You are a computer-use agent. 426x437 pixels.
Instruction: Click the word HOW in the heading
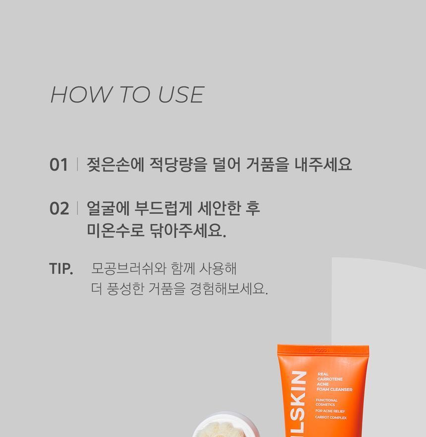[80, 94]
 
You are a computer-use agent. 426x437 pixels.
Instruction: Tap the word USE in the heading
[181, 94]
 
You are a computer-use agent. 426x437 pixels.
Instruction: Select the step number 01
[59, 164]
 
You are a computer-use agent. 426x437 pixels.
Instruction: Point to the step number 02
[59, 208]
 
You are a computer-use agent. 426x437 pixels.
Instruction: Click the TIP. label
[61, 269]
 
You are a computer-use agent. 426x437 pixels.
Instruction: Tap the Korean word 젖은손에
[115, 164]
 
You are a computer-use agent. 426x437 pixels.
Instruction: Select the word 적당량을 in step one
[178, 164]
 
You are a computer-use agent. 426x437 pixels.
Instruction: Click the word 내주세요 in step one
[323, 164]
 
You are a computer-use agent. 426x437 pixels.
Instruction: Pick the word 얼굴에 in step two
[108, 208]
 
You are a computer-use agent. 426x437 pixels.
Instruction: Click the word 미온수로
[115, 230]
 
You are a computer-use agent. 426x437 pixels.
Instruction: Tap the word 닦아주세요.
[188, 230]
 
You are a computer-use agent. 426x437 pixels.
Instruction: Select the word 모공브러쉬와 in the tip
[129, 269]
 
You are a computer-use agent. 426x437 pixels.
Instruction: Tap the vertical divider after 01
[77, 164]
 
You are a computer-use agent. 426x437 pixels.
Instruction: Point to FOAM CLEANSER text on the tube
[334, 389]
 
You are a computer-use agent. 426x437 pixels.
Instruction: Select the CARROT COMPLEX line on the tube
[331, 417]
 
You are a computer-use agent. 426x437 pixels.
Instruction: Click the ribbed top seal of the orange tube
[323, 350]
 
